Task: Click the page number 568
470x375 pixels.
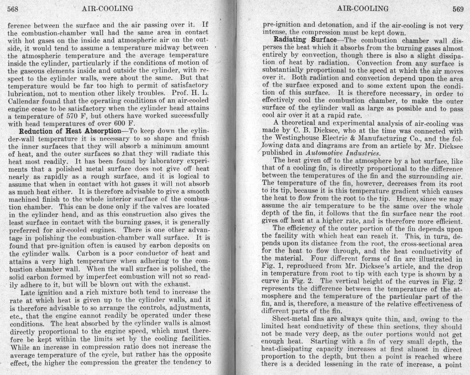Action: coord(13,9)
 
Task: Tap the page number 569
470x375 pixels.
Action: coord(458,9)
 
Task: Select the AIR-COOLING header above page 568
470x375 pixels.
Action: coord(107,9)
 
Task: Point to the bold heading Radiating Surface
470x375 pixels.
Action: coord(305,40)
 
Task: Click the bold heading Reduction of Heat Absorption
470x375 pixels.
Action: coord(70,131)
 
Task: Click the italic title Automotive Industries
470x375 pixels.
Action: coord(343,153)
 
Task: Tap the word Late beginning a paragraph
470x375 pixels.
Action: coord(27,292)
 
